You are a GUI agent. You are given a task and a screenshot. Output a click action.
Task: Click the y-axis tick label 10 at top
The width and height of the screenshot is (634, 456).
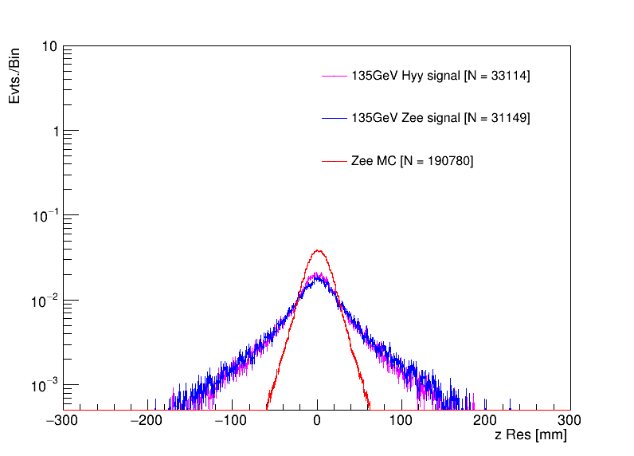(x=49, y=46)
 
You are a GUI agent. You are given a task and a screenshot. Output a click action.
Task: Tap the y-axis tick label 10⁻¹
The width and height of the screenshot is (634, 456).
(x=45, y=215)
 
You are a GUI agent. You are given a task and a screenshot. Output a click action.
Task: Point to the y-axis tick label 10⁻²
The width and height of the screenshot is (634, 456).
(x=45, y=300)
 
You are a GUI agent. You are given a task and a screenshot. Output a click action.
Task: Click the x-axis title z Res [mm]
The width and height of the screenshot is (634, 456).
(x=530, y=435)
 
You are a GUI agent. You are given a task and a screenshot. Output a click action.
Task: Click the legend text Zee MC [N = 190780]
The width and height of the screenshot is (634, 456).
(x=412, y=161)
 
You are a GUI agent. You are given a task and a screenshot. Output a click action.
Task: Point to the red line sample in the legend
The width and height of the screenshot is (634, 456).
(x=334, y=161)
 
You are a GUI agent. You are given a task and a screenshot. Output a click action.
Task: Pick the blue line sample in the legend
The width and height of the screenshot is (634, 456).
(x=334, y=118)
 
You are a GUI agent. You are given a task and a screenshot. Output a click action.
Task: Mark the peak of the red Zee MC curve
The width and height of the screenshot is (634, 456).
(x=318, y=250)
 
